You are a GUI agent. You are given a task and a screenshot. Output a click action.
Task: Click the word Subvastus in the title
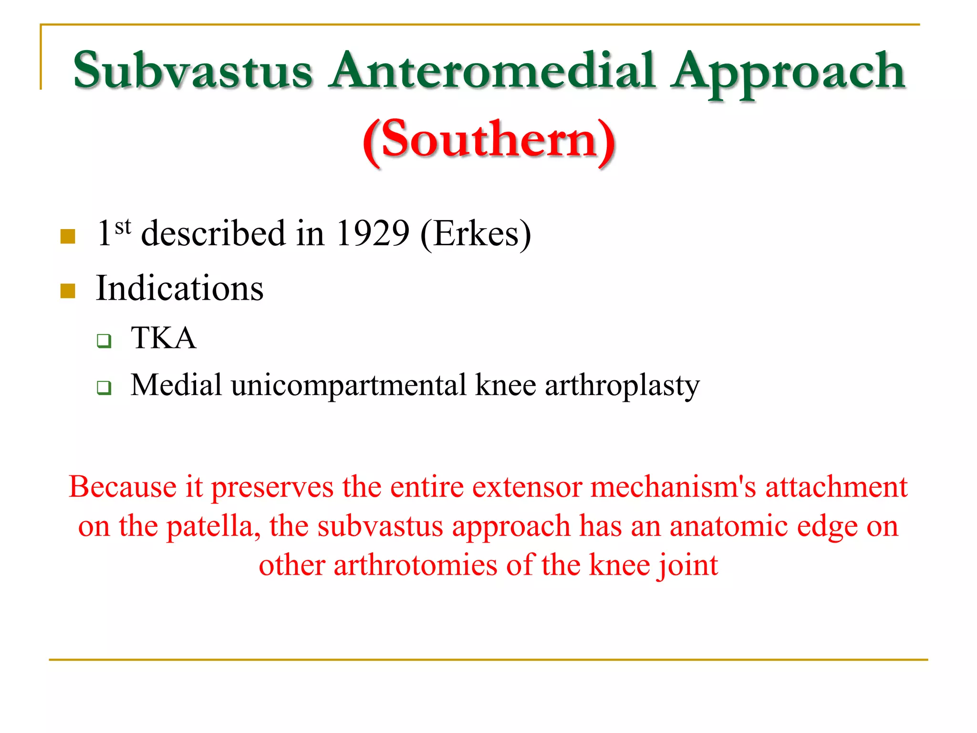[193, 72]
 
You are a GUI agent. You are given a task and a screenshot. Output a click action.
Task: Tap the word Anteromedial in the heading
[491, 72]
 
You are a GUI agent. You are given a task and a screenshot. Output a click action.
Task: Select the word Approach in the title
[787, 74]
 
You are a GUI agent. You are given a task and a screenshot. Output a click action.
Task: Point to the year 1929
[372, 234]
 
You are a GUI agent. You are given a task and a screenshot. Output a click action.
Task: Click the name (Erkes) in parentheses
[476, 234]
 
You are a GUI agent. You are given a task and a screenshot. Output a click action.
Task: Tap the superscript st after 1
[123, 226]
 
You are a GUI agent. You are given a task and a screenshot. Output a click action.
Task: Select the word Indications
[179, 288]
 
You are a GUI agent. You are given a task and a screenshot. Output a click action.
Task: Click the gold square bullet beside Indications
[68, 291]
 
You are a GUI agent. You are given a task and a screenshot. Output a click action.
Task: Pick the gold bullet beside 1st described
[68, 236]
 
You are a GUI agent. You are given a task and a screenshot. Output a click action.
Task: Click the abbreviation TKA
[163, 338]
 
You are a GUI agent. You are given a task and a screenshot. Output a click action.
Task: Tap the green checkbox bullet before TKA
[104, 341]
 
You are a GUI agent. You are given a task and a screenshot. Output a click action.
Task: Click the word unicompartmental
[349, 385]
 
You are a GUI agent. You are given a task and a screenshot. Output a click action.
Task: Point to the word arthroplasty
[622, 385]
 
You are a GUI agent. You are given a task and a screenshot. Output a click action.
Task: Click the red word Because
[123, 487]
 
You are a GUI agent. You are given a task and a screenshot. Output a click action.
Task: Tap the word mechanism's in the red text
[673, 487]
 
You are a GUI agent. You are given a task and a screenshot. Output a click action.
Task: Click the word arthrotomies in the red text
[415, 565]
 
